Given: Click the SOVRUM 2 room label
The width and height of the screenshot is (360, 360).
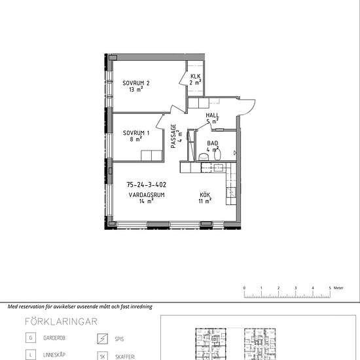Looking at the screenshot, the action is click(x=136, y=83).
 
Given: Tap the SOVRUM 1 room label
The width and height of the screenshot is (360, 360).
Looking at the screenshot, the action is click(x=136, y=133).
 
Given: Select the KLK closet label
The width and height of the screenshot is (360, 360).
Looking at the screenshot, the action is click(x=196, y=76).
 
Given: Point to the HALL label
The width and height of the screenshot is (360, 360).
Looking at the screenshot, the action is click(x=212, y=115).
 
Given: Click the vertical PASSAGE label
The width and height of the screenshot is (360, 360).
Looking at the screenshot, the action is click(x=173, y=136).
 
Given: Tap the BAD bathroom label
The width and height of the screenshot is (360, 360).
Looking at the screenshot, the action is click(x=212, y=143).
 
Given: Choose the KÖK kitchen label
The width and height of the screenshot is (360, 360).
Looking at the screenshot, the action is click(x=205, y=195).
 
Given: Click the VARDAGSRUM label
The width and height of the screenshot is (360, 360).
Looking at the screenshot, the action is click(x=147, y=195).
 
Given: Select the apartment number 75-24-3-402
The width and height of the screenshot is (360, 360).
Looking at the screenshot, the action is click(x=147, y=185).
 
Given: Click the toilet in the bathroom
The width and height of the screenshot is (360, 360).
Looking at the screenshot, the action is click(x=204, y=157).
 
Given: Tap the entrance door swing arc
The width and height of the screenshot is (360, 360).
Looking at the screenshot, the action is click(x=251, y=109).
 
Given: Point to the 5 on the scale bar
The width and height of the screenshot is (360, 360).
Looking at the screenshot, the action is click(x=330, y=288).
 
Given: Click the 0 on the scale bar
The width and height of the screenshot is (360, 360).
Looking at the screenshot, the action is click(x=244, y=288).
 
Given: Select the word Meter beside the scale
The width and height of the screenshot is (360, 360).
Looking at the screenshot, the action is click(x=338, y=288).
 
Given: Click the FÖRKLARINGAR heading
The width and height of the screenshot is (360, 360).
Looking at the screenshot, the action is click(x=61, y=321).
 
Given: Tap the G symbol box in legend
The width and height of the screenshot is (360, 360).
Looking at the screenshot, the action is click(x=31, y=338).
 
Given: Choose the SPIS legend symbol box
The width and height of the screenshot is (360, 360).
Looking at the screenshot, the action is click(x=102, y=338).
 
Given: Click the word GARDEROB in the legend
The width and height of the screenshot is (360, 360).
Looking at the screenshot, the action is click(x=54, y=338).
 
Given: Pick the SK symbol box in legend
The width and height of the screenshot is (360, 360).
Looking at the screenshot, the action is click(x=102, y=357).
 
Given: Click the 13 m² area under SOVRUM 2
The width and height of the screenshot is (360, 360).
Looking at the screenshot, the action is click(x=136, y=89).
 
